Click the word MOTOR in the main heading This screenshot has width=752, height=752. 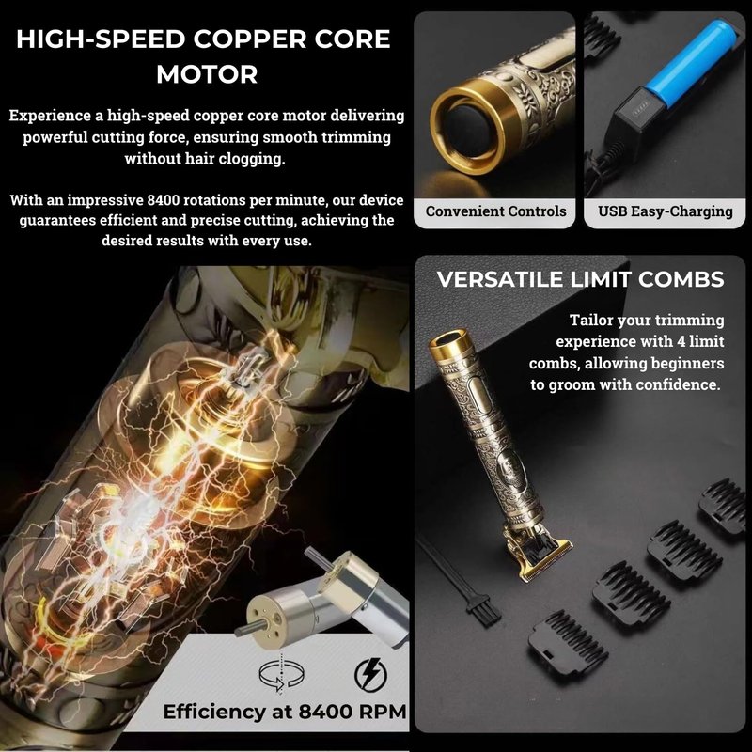click(x=207, y=74)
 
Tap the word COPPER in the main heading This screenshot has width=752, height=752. click(x=250, y=39)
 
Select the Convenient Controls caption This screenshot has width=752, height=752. click(x=495, y=211)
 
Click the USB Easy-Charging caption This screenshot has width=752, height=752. click(x=666, y=211)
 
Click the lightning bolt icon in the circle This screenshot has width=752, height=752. click(x=370, y=674)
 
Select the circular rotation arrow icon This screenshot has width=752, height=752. click(x=281, y=674)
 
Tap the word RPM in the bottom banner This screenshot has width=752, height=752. click(x=383, y=712)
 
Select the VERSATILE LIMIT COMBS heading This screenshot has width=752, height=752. click(x=580, y=279)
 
